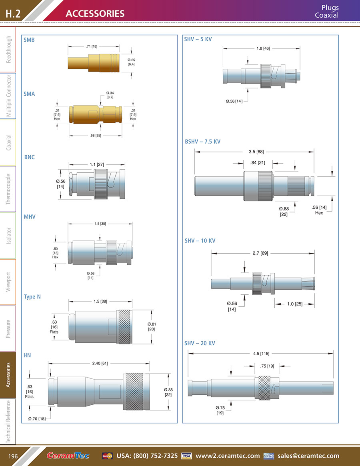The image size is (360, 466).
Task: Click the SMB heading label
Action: [x=29, y=40]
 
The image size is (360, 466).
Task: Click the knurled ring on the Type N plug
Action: [x=129, y=326]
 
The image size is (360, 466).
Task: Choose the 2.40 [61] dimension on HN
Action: [x=100, y=363]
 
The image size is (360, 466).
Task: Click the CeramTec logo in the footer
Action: [x=68, y=456]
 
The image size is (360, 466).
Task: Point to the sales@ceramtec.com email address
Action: [x=308, y=456]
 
